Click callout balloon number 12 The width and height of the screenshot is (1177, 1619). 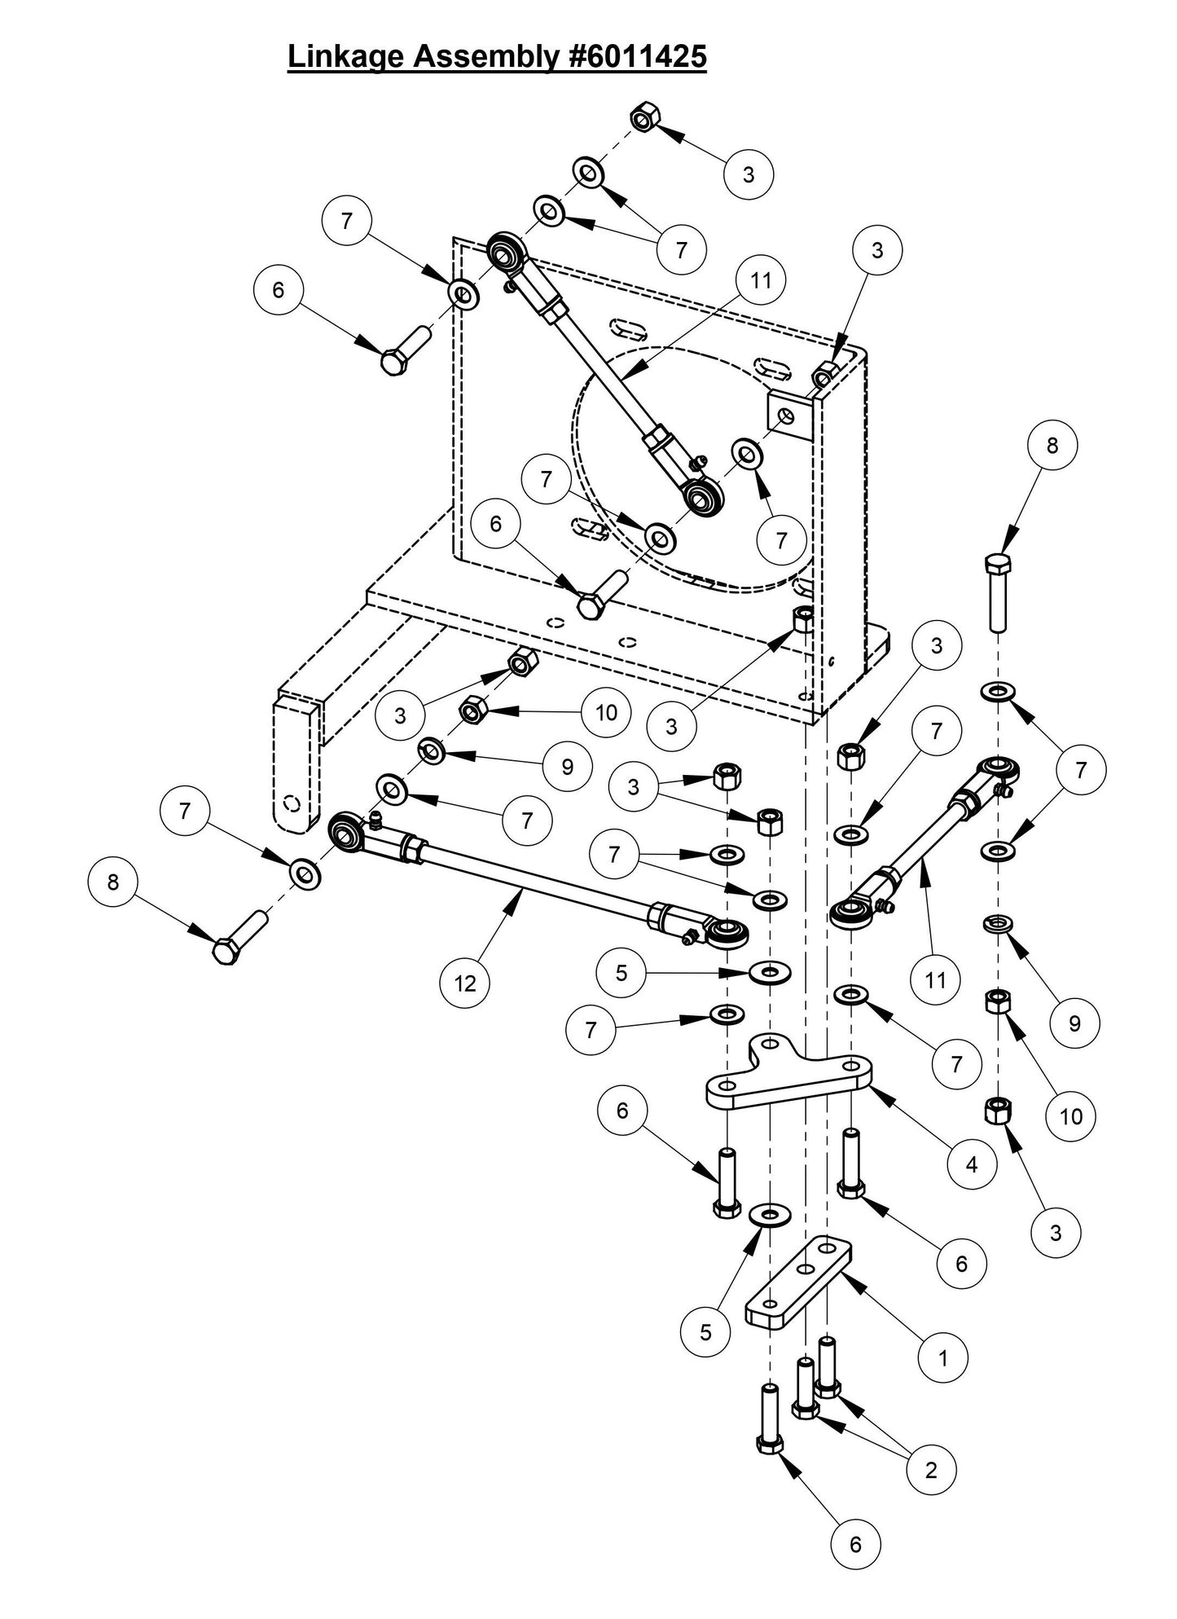[x=465, y=983]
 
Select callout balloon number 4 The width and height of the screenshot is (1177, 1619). [x=971, y=1164]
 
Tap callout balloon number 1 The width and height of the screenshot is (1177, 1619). [x=943, y=1358]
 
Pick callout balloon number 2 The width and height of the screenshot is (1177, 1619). [x=931, y=1469]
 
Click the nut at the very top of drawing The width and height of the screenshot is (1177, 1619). [x=643, y=119]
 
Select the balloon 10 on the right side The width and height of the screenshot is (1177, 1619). [x=1071, y=1115]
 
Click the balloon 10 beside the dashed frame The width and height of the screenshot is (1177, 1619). [x=606, y=713]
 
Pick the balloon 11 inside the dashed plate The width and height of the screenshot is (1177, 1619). [x=760, y=280]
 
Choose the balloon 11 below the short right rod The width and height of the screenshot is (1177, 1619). [x=935, y=979]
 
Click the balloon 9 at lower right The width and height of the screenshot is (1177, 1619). [x=1074, y=1023]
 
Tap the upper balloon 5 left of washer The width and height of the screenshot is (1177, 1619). [x=621, y=973]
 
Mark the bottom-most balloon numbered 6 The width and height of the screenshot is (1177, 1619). [x=855, y=1544]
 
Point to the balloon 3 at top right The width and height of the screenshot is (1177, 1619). [x=749, y=174]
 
